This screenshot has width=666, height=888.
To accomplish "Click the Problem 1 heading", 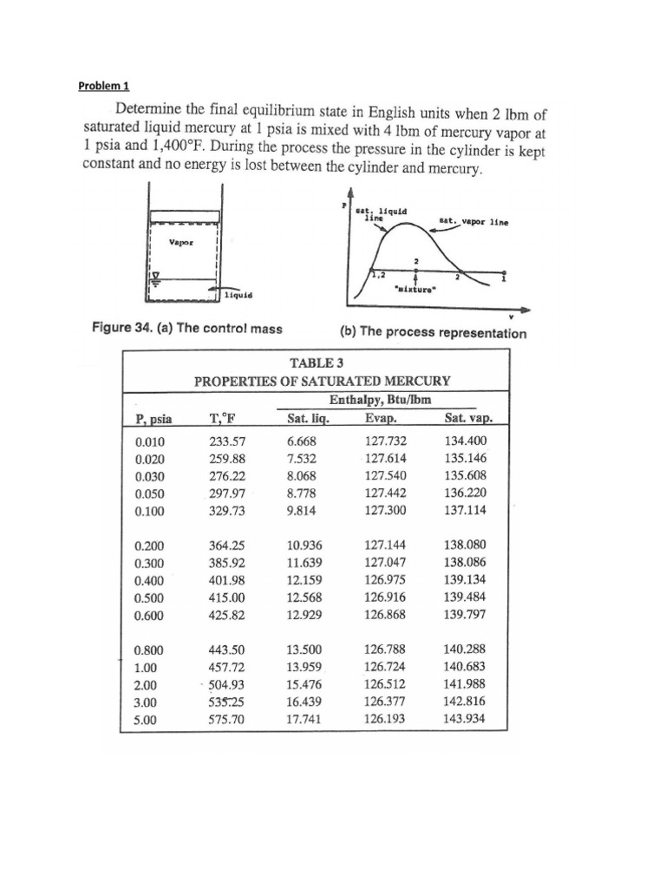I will point(103,86).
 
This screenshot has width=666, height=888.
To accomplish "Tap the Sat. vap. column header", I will point(468,418).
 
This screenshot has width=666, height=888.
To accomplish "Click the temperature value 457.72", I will point(226,667).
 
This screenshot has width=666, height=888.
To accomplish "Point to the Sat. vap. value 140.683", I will point(465,667).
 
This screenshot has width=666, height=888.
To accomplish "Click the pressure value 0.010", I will point(149,441).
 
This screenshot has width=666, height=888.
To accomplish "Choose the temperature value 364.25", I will point(226,546).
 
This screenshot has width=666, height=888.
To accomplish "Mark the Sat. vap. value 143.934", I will point(465,719).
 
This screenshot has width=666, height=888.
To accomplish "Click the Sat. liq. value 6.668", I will point(303,441).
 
